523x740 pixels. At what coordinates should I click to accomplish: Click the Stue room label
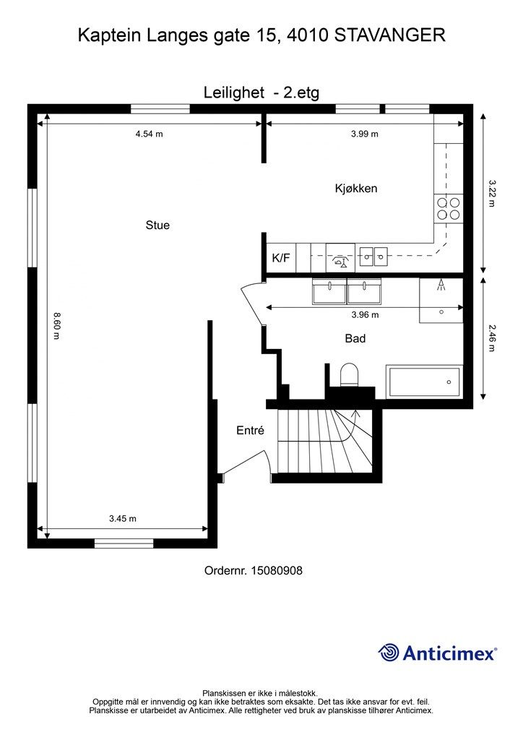157,225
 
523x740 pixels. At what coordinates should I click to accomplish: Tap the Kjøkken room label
356,189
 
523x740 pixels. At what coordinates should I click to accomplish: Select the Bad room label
355,338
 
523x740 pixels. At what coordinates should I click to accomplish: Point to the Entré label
250,431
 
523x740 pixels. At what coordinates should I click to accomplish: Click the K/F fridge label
281,258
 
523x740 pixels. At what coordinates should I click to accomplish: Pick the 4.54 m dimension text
149,134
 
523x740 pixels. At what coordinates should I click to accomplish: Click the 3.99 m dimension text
365,134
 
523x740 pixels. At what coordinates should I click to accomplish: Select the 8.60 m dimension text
56,326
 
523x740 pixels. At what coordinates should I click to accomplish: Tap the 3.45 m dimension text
123,519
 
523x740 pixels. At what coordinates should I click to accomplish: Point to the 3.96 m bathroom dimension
365,315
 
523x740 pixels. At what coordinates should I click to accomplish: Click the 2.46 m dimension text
492,337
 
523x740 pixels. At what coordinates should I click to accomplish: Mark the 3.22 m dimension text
492,193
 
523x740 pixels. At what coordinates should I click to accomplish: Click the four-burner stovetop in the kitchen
449,209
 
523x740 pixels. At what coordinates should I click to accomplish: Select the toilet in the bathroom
350,374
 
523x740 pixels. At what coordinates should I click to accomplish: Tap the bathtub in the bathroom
425,382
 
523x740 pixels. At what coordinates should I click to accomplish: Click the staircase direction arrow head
355,414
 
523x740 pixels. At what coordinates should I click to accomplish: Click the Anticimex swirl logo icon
389,653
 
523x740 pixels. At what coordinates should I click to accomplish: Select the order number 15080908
277,571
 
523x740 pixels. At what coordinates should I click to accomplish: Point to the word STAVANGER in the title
390,35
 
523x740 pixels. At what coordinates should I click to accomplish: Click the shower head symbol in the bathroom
441,285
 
